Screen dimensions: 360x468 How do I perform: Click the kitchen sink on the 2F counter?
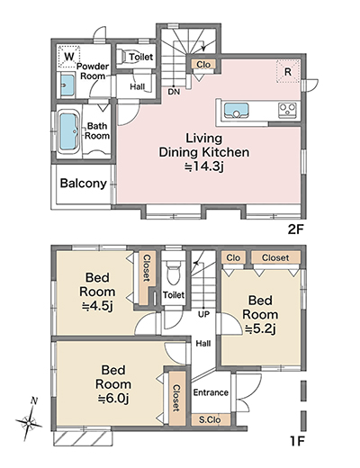[x=237, y=111]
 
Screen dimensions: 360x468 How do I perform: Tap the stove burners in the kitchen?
[x=287, y=110]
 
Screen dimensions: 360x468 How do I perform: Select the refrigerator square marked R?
[x=288, y=71]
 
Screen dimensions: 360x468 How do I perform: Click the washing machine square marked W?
[x=69, y=57]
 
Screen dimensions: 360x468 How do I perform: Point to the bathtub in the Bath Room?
[x=68, y=131]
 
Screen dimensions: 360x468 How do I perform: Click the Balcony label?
[x=84, y=183]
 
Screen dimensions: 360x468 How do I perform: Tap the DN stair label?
[x=174, y=92]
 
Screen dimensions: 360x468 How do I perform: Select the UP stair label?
[x=203, y=315]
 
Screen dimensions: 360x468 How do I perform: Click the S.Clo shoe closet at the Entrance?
[x=211, y=419]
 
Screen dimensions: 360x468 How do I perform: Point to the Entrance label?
[x=211, y=392]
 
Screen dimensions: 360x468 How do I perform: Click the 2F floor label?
[x=296, y=229]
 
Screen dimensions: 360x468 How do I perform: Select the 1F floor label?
[x=297, y=441]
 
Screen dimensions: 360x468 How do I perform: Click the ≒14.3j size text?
[x=204, y=166]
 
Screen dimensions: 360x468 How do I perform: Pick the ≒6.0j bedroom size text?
[x=113, y=399]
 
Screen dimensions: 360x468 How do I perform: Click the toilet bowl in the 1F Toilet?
[x=173, y=272]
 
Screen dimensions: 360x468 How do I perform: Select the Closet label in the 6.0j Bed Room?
[x=176, y=398]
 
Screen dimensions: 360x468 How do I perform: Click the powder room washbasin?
[x=67, y=85]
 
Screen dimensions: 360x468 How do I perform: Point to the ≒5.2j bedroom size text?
[x=260, y=329]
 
